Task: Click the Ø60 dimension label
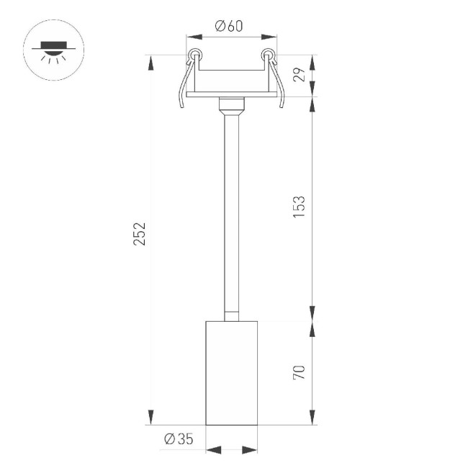[229, 27]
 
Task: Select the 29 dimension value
[300, 74]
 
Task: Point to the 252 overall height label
[140, 234]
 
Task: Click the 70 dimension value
[300, 372]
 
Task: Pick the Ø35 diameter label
[178, 439]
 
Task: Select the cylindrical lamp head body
[232, 372]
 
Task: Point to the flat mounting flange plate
[232, 94]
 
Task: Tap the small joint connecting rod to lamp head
[232, 315]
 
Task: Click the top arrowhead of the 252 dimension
[150, 63]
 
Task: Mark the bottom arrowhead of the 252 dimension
[150, 417]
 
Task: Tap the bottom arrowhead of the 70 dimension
[312, 417]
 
